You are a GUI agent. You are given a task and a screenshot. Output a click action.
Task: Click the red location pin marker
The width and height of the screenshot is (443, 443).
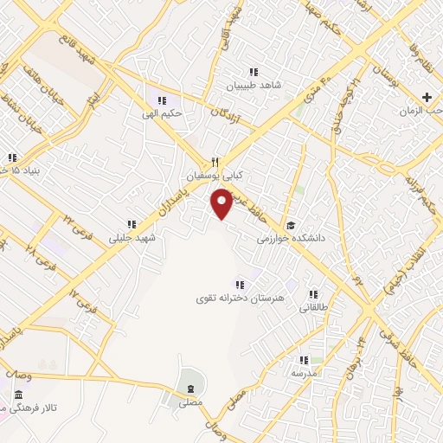[x=222, y=203]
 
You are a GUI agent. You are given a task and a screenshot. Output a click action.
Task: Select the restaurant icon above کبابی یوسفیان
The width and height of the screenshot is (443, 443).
[x=216, y=162]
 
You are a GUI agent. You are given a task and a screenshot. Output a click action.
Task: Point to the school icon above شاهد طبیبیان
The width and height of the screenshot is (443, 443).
[x=253, y=73]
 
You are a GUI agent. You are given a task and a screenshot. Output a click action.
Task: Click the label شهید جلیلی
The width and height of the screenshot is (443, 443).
[x=132, y=236]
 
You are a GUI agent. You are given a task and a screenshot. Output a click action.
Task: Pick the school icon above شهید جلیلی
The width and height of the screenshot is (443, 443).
[x=132, y=224]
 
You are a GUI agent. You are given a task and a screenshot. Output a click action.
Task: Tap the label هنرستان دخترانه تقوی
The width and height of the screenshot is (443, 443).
[x=237, y=298]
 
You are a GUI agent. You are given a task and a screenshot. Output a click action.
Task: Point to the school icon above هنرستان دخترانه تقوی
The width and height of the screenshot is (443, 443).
[x=239, y=285]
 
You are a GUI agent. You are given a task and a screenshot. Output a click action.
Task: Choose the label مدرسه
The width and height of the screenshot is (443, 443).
[x=303, y=373]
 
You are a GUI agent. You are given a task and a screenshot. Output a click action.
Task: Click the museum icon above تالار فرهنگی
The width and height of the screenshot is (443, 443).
[x=18, y=396]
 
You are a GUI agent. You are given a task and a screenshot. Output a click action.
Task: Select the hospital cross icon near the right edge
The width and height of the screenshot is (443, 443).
[x=426, y=96]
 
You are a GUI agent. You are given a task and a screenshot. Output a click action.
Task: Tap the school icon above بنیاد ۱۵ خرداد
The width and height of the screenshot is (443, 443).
[x=12, y=157]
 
